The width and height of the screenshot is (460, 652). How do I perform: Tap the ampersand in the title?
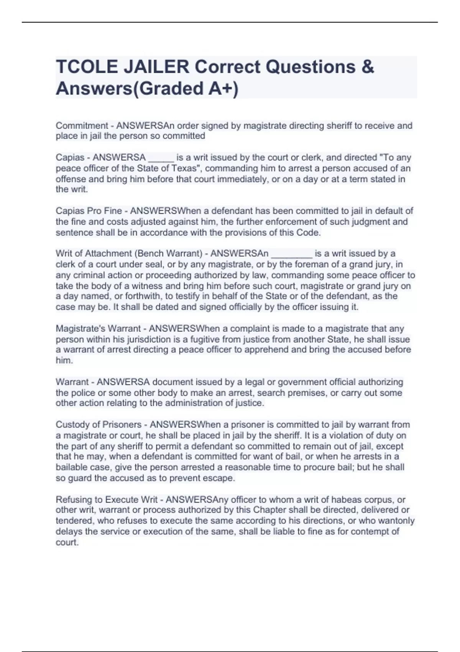pyautogui.click(x=367, y=67)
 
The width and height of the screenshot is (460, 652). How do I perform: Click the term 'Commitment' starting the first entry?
pyautogui.click(x=82, y=125)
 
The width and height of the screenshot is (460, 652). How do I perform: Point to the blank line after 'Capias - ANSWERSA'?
pyautogui.click(x=161, y=158)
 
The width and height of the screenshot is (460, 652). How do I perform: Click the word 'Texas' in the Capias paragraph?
pyautogui.click(x=186, y=168)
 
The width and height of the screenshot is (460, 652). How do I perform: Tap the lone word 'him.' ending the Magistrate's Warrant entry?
pyautogui.click(x=64, y=361)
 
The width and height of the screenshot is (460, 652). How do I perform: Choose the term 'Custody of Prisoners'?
pyautogui.click(x=99, y=425)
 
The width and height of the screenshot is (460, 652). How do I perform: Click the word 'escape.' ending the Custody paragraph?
pyautogui.click(x=220, y=478)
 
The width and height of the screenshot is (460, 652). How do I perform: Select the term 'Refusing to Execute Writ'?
pyautogui.click(x=107, y=500)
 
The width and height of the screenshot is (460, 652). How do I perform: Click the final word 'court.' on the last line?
pyautogui.click(x=67, y=542)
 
